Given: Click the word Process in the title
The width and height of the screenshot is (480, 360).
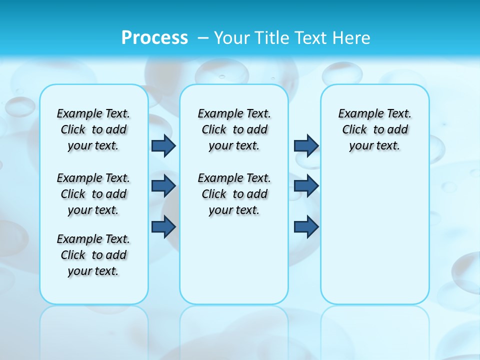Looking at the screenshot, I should pyautogui.click(x=154, y=38).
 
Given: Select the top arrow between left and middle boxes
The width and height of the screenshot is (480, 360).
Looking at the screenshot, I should pyautogui.click(x=163, y=145).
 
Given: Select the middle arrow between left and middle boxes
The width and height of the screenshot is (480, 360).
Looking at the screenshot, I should pyautogui.click(x=163, y=186).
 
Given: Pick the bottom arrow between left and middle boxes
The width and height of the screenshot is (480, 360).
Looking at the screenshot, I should pyautogui.click(x=163, y=226).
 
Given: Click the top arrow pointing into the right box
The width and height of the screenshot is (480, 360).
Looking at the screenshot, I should pyautogui.click(x=306, y=145).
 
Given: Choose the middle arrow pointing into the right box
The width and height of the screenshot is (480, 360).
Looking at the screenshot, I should pyautogui.click(x=306, y=186).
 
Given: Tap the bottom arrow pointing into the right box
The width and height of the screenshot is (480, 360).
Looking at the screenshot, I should pyautogui.click(x=306, y=226).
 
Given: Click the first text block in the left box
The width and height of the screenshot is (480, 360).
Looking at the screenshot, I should pyautogui.click(x=93, y=129).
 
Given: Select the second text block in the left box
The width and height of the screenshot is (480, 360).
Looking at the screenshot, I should pyautogui.click(x=93, y=194).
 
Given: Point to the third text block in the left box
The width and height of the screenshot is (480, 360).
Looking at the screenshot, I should pyautogui.click(x=93, y=255).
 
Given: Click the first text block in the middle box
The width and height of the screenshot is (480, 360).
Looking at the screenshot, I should pyautogui.click(x=234, y=129).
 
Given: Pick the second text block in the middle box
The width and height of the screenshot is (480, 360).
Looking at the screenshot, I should pyautogui.click(x=234, y=194).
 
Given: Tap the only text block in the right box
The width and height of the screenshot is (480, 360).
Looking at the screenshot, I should pyautogui.click(x=375, y=129).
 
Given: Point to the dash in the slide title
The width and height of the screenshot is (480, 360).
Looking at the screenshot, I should pyautogui.click(x=203, y=38).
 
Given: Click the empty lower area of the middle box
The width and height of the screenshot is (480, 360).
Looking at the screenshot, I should pyautogui.click(x=234, y=260).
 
